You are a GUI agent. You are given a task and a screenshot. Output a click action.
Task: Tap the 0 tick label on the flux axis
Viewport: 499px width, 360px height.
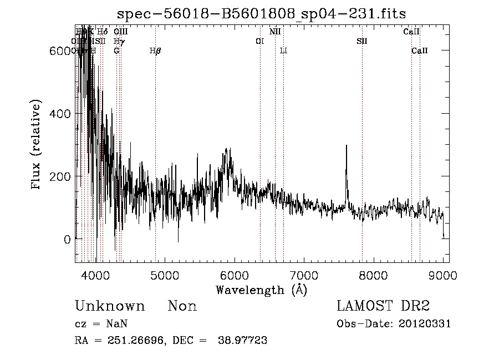click(67, 240)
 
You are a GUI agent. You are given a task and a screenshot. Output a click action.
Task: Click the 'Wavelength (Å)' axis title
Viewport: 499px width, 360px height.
click(262, 289)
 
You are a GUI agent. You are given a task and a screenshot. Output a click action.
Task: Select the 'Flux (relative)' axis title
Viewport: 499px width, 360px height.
click(37, 145)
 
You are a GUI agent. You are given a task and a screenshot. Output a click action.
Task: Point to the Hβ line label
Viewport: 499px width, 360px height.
click(155, 51)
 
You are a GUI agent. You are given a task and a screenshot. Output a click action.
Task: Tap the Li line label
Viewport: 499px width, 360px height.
click(283, 51)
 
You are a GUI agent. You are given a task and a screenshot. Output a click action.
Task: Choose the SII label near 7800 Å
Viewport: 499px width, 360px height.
click(361, 42)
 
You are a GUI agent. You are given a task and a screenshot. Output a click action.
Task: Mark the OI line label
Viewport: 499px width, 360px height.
click(259, 42)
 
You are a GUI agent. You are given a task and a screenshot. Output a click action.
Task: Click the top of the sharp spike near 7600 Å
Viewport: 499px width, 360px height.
click(347, 146)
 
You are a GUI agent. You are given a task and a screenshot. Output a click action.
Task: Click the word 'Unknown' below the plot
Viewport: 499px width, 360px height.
click(110, 306)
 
